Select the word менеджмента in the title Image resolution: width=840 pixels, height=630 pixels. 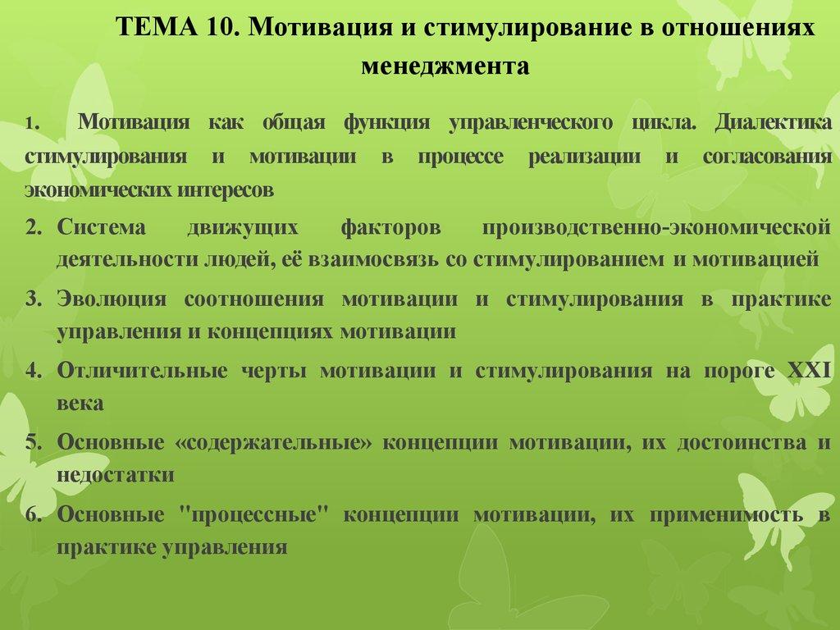click(x=445, y=66)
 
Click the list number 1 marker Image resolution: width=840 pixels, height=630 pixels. click(x=30, y=125)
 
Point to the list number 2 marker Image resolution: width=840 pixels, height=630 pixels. click(x=33, y=227)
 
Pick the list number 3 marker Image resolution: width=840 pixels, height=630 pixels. click(x=33, y=299)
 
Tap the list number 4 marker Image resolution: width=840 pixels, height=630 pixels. click(x=33, y=370)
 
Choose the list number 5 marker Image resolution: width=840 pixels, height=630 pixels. click(x=33, y=442)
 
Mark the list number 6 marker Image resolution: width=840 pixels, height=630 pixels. click(x=33, y=514)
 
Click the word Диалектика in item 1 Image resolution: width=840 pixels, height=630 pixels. click(x=773, y=123)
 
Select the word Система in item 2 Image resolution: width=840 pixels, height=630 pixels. click(x=101, y=227)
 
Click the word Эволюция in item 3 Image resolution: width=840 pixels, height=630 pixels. click(x=112, y=299)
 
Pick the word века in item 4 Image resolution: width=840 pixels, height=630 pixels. click(x=80, y=404)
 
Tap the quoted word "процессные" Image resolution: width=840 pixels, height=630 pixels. click(x=253, y=514)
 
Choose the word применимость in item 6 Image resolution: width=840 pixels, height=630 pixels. click(x=725, y=514)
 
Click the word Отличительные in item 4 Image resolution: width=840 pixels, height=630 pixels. click(x=143, y=370)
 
